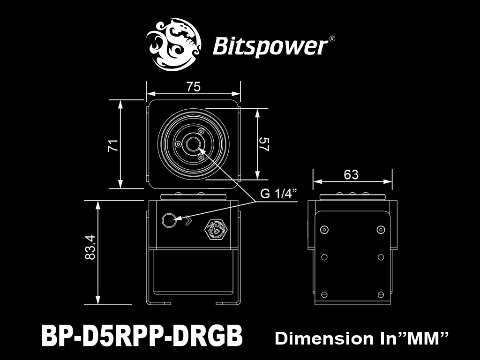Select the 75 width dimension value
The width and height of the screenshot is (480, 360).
pyautogui.click(x=194, y=87)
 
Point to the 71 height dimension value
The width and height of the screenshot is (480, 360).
pyautogui.click(x=113, y=145)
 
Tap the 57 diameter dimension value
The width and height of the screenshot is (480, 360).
pyautogui.click(x=264, y=144)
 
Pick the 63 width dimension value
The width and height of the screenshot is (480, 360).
pyautogui.click(x=351, y=174)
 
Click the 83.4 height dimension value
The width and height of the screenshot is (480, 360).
pyautogui.click(x=90, y=247)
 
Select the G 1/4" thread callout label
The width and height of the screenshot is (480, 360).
pyautogui.click(x=278, y=194)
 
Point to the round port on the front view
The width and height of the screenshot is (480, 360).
pyautogui.click(x=169, y=220)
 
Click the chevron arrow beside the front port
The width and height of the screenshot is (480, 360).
pyautogui.click(x=188, y=220)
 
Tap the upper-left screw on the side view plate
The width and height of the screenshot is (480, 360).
pyautogui.click(x=324, y=230)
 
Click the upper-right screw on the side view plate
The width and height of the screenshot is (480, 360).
pyautogui.click(x=381, y=230)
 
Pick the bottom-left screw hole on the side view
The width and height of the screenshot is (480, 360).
pyautogui.click(x=324, y=294)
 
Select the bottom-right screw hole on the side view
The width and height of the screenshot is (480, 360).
pyautogui.click(x=381, y=294)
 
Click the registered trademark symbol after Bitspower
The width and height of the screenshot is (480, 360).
pyautogui.click(x=332, y=39)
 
